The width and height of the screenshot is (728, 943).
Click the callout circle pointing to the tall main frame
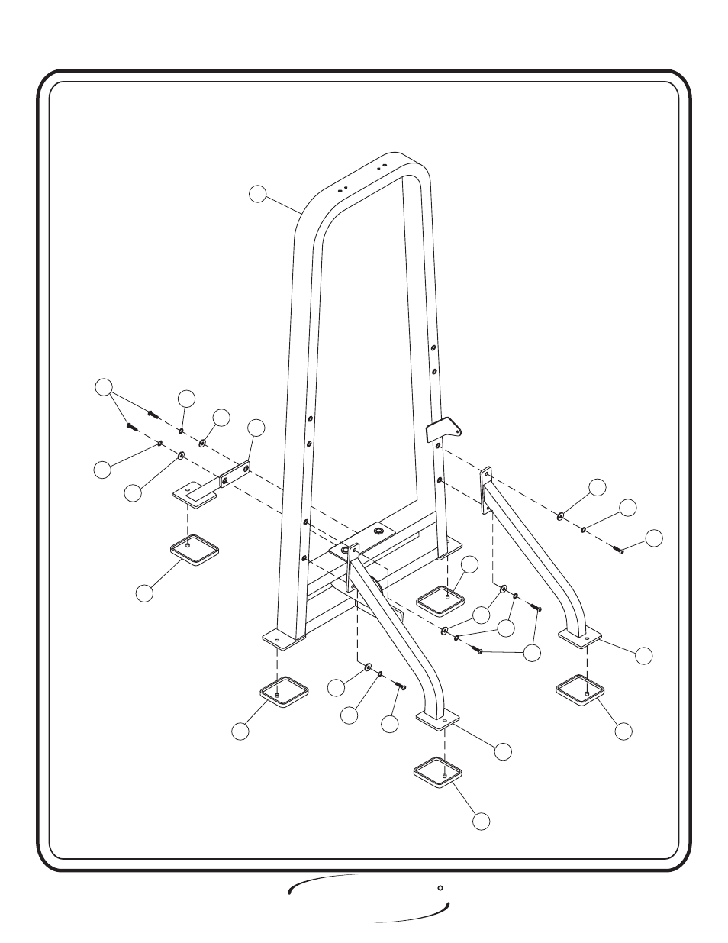tap(259, 195)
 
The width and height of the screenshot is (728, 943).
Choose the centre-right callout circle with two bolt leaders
tap(532, 653)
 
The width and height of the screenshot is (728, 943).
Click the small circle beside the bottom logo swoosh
tap(440, 888)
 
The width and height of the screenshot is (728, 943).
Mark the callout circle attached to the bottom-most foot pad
tap(480, 821)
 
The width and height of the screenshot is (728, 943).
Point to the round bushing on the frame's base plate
tap(379, 528)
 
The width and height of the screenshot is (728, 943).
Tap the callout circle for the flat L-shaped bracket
tap(257, 428)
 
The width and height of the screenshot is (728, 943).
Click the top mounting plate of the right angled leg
tap(485, 492)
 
